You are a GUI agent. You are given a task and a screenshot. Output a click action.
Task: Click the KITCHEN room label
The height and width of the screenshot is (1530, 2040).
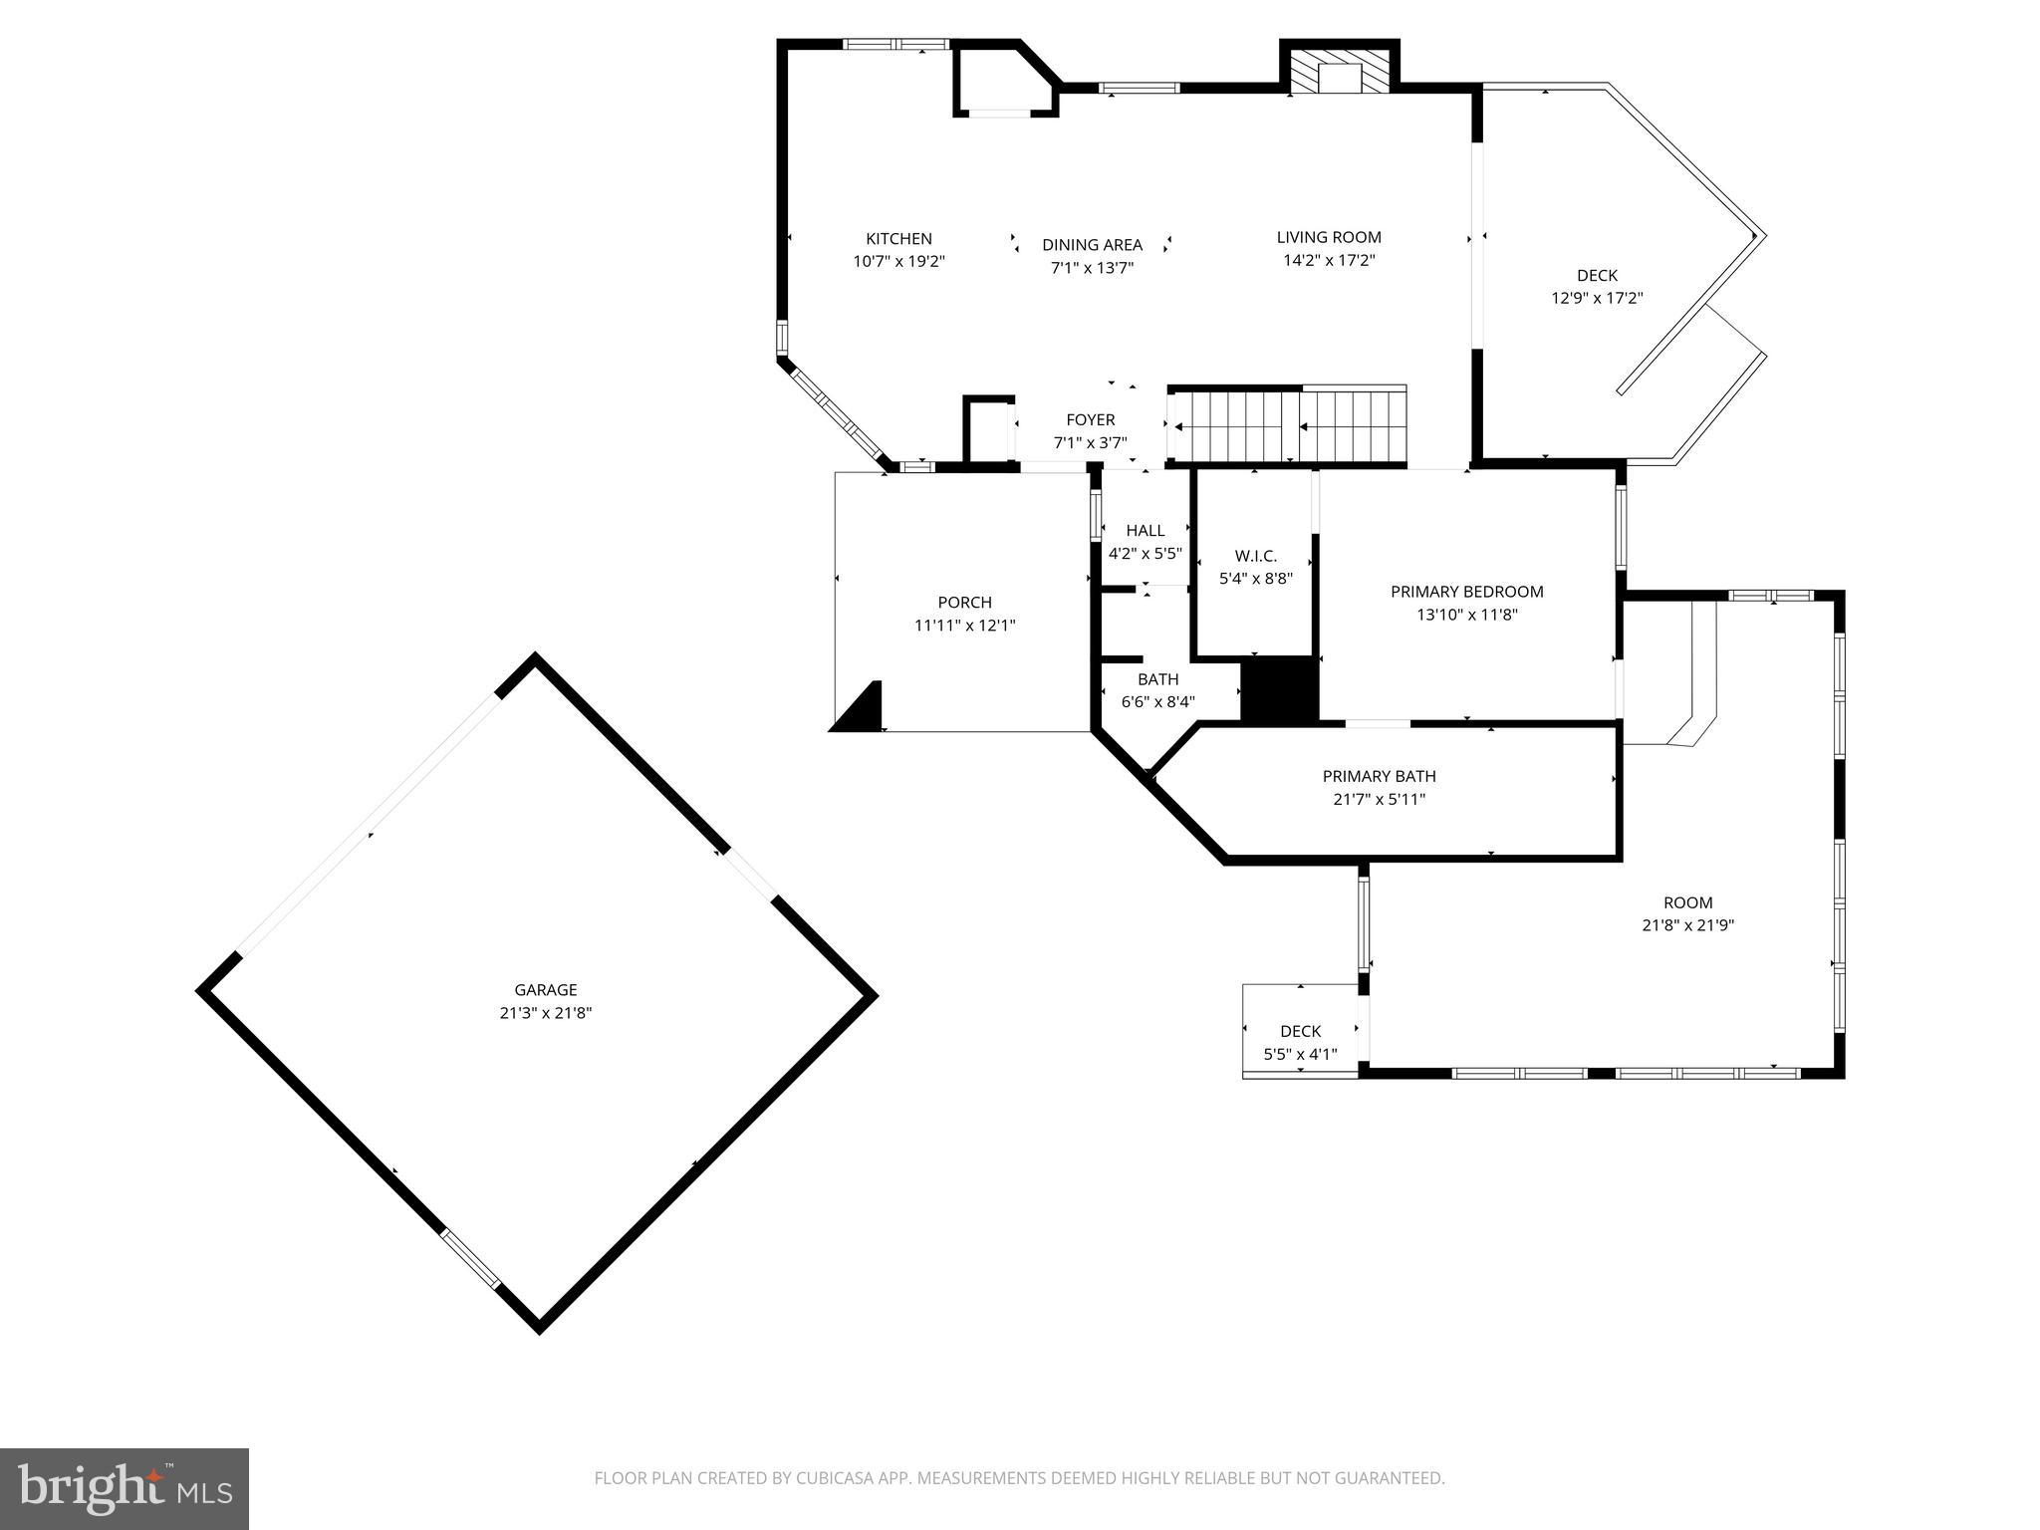pyautogui.click(x=898, y=239)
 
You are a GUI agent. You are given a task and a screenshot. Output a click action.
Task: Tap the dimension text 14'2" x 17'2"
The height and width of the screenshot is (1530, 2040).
pyautogui.click(x=1329, y=261)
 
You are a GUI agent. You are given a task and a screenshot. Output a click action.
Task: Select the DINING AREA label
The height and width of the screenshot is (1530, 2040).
pyautogui.click(x=1092, y=245)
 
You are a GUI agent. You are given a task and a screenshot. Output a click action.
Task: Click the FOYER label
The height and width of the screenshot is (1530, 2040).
pyautogui.click(x=1090, y=420)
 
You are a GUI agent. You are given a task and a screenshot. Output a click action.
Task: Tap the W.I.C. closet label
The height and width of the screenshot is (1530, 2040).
pyautogui.click(x=1255, y=556)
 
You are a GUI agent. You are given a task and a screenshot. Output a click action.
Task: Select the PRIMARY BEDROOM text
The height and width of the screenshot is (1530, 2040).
pyautogui.click(x=1466, y=592)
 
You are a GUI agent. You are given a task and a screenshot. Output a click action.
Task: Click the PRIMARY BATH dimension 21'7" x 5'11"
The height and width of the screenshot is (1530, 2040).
pyautogui.click(x=1379, y=799)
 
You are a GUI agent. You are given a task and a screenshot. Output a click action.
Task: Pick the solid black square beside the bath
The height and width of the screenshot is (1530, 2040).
pyautogui.click(x=1279, y=689)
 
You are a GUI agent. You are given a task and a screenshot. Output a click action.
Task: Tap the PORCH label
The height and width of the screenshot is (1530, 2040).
pyautogui.click(x=964, y=603)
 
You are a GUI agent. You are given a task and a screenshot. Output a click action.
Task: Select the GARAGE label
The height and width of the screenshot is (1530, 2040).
pyautogui.click(x=545, y=990)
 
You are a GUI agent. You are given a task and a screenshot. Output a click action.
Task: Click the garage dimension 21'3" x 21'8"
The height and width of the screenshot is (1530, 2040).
pyautogui.click(x=545, y=1013)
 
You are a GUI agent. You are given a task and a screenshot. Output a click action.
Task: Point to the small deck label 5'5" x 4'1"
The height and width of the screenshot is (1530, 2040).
pyautogui.click(x=1300, y=1054)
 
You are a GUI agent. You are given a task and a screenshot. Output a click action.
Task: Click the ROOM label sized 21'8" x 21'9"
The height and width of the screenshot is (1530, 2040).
pyautogui.click(x=1687, y=903)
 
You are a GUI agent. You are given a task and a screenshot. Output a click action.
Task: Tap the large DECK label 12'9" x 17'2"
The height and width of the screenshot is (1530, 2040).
pyautogui.click(x=1597, y=276)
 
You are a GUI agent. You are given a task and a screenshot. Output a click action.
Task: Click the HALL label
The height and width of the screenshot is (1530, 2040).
pyautogui.click(x=1145, y=531)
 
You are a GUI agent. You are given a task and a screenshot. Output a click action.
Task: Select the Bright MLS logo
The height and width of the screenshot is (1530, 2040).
pyautogui.click(x=125, y=1488)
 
